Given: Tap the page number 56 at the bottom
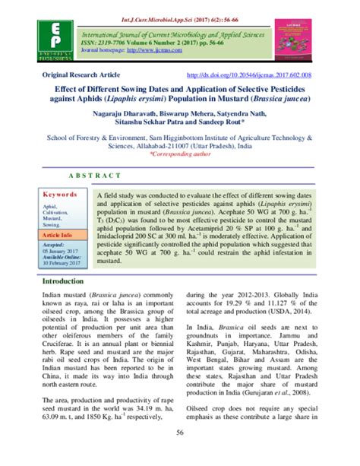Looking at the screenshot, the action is point(180,454).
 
